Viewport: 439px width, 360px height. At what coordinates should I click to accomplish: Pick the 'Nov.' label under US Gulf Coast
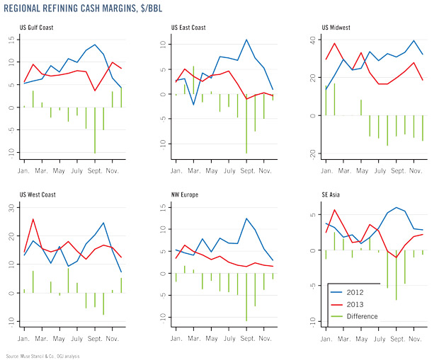point(116,170)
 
